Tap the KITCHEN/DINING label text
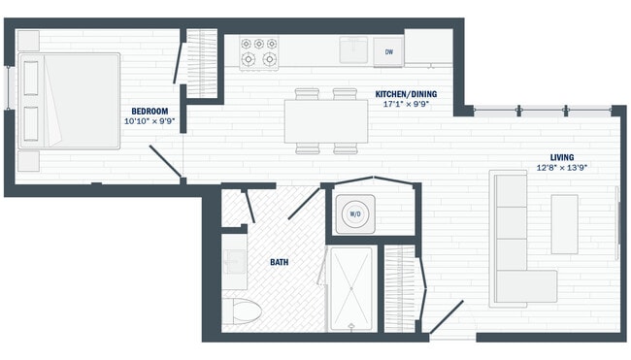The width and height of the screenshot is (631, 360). tap(406, 94)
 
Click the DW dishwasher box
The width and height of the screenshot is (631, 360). tap(389, 51)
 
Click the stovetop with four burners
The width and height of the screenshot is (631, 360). tap(259, 52)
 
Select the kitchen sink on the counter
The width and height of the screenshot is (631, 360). tap(351, 49)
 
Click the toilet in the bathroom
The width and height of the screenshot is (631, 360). tap(244, 312)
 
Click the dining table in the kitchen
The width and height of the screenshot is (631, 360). tap(326, 121)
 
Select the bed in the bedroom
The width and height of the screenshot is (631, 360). tap(68, 101)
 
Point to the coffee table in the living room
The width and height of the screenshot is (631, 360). tap(565, 224)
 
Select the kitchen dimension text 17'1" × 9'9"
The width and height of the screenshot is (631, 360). tap(406, 105)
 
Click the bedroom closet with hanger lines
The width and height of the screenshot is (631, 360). tap(201, 64)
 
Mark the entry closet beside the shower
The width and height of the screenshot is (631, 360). tap(399, 286)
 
